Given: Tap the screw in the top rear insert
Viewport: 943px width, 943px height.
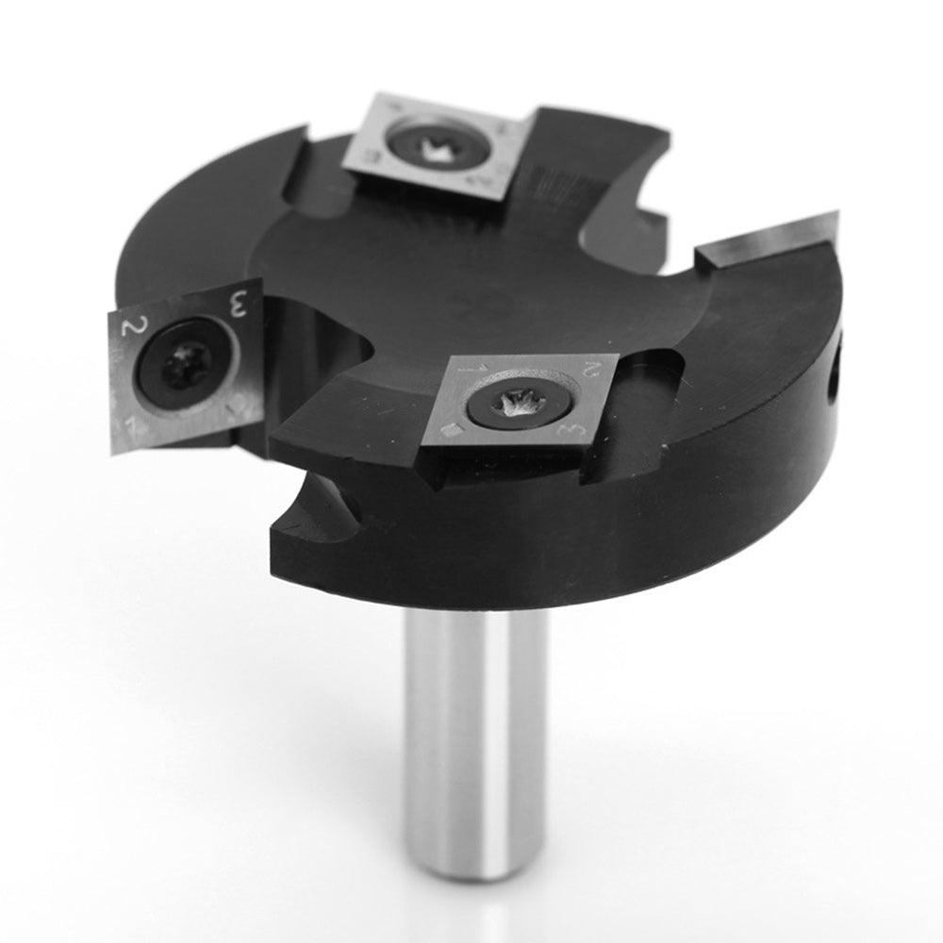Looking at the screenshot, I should click(x=434, y=144).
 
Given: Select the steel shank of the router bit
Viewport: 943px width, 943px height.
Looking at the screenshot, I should click(x=475, y=736).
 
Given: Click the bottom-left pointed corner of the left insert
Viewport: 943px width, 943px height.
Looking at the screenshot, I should click(x=114, y=451).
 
